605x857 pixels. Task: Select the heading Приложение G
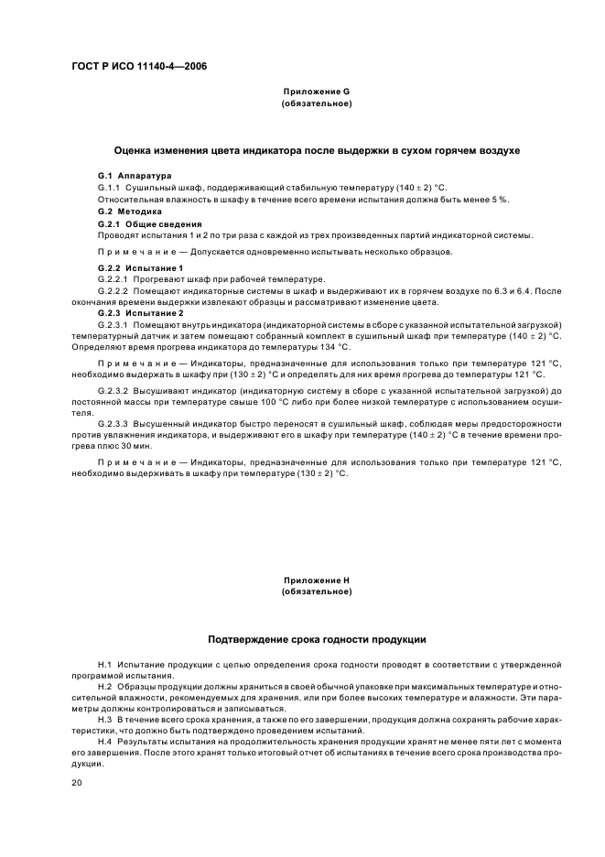coord(316,92)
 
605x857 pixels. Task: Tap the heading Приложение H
coord(316,580)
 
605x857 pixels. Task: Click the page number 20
coord(78,782)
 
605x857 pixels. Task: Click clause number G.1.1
coord(109,187)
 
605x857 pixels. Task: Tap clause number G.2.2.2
coord(113,290)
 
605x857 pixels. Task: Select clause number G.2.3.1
coord(113,324)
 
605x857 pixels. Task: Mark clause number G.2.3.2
coord(113,391)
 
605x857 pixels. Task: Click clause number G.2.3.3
coord(113,425)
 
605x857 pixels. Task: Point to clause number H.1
coord(103,662)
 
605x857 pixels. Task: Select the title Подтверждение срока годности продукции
coord(317,638)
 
